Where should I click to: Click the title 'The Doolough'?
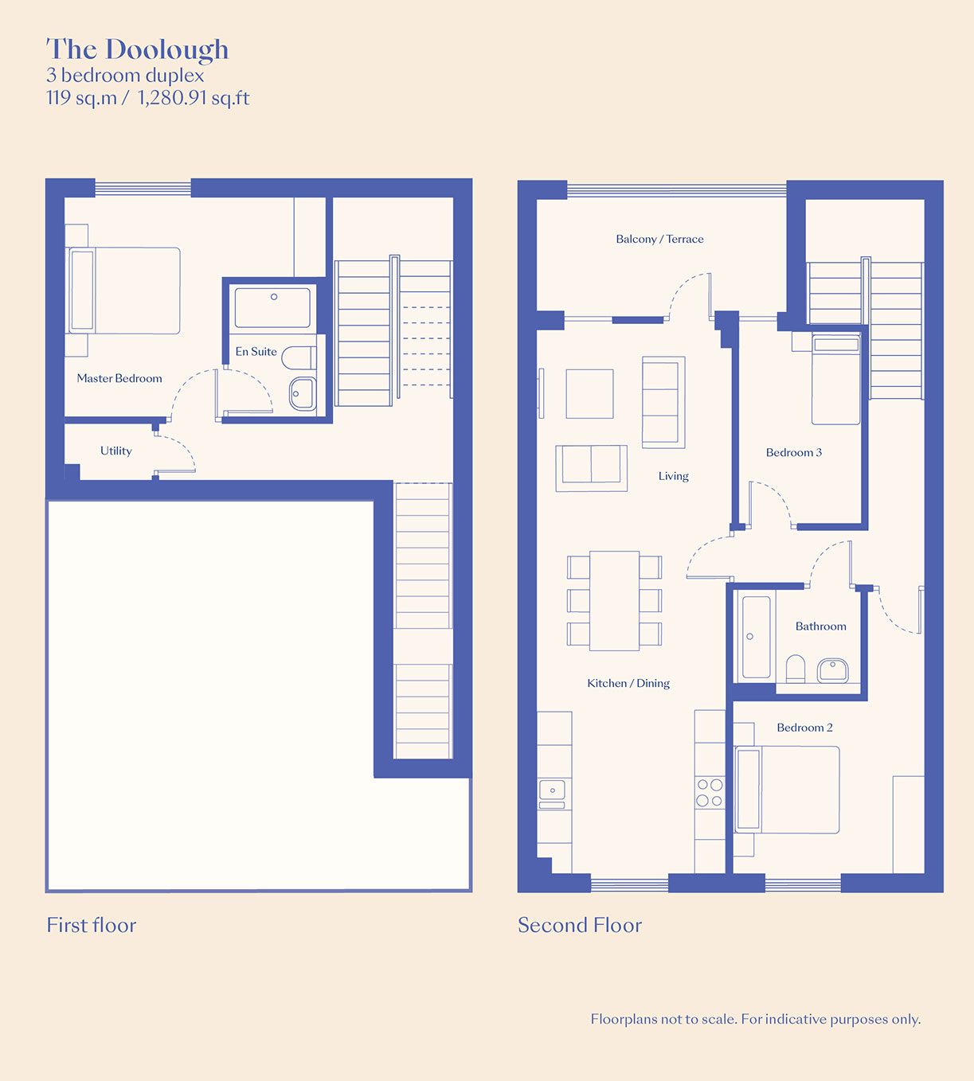[138, 50]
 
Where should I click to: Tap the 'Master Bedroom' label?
[119, 378]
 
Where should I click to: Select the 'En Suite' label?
[256, 351]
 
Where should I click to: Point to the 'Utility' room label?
[116, 451]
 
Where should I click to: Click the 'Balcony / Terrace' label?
[659, 239]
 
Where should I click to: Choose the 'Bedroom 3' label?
[794, 452]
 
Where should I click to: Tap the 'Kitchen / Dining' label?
[628, 683]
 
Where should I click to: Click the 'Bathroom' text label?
[821, 626]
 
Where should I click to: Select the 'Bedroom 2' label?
[804, 727]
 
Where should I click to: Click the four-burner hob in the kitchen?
[710, 792]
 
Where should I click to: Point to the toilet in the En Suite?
[299, 358]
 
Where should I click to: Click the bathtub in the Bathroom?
[756, 637]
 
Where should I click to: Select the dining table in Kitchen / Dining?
[614, 601]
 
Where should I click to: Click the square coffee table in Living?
[589, 394]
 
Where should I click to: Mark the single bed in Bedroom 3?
[836, 379]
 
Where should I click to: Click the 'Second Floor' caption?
[580, 925]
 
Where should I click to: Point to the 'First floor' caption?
[91, 925]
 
